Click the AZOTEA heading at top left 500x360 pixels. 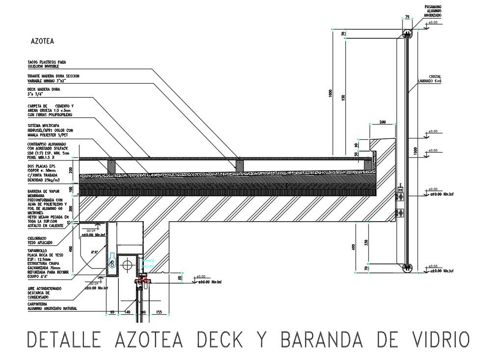42,42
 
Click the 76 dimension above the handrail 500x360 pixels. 407,17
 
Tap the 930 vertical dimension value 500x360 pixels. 343,98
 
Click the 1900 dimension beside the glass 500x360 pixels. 415,151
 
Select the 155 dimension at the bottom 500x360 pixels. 158,312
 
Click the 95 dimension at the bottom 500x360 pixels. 112,312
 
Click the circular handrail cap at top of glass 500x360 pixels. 407,33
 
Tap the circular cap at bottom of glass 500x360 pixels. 407,267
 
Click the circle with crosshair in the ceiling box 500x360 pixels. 129,265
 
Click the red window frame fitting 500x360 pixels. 144,281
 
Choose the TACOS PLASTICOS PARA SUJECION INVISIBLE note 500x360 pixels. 47,64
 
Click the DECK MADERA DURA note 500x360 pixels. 44,92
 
